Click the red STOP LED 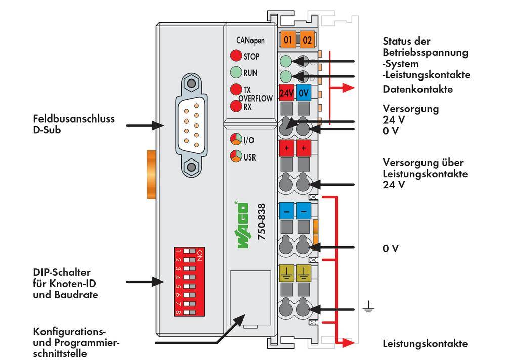(236, 56)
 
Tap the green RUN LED (236, 72)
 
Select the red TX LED (236, 90)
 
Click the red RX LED (236, 106)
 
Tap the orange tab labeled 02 (306, 39)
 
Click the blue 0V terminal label (304, 93)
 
